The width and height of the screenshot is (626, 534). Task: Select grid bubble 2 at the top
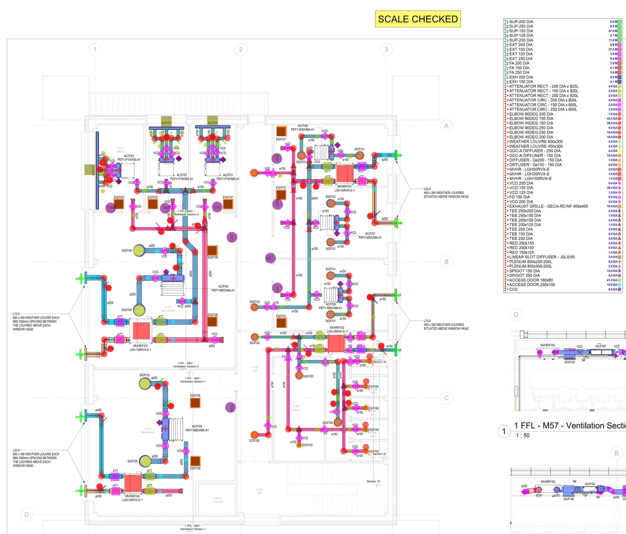[x=240, y=50]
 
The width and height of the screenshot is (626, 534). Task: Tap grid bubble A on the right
[x=446, y=126]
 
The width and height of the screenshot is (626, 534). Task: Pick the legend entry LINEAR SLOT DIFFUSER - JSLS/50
[x=542, y=257]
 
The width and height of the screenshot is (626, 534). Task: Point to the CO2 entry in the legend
[x=513, y=289]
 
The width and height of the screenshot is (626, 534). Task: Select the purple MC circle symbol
[x=269, y=258]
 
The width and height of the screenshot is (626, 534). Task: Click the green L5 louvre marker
[x=398, y=155]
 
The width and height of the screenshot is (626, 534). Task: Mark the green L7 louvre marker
[x=398, y=295]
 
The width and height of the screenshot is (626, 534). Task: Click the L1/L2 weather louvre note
[x=36, y=322]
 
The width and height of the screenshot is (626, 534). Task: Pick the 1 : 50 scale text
[x=523, y=435]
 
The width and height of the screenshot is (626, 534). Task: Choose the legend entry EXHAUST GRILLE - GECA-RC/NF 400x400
[x=548, y=206]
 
